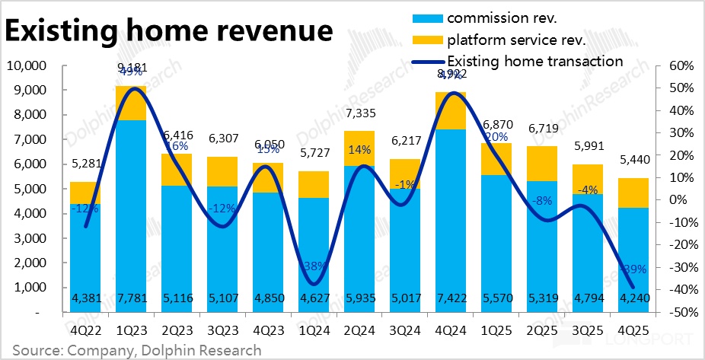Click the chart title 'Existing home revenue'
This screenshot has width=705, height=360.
pyautogui.click(x=169, y=31)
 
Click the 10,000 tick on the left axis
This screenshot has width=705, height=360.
pyautogui.click(x=26, y=66)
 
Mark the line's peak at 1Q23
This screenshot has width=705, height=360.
pyautogui.click(x=132, y=89)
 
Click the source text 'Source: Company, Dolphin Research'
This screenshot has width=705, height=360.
pyautogui.click(x=137, y=350)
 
